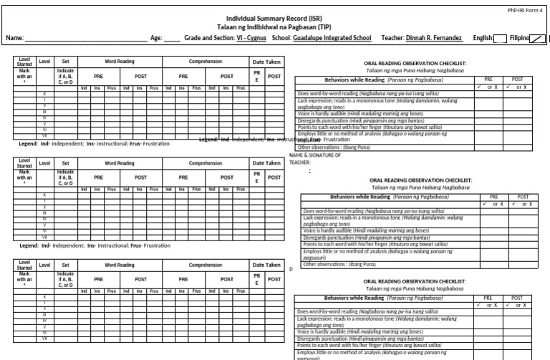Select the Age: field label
pyautogui.click(x=159, y=37)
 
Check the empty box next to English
pyautogui.click(x=500, y=38)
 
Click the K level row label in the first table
pyautogui.click(x=45, y=94)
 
